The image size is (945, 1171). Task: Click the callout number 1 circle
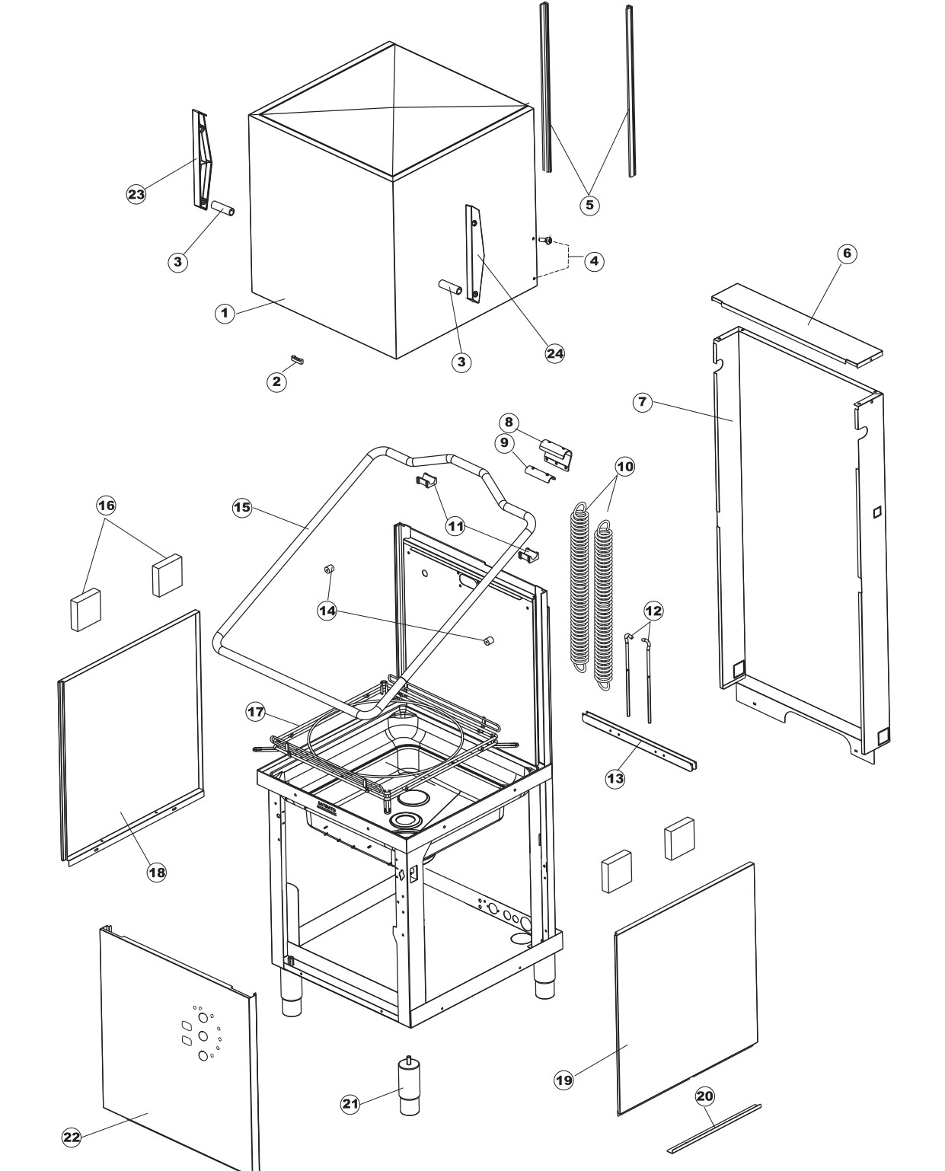[x=224, y=313]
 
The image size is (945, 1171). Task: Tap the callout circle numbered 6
[x=847, y=254]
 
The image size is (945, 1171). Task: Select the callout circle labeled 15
[x=241, y=508]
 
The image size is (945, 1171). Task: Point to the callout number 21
[x=350, y=1104]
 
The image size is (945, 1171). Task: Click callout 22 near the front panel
[x=71, y=1137]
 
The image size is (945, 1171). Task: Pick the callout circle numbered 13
[x=615, y=778]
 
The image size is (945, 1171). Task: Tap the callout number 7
[x=643, y=403]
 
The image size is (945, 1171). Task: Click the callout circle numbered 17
[x=255, y=713]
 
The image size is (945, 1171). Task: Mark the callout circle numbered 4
[x=594, y=261]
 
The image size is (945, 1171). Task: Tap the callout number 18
[x=156, y=873]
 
